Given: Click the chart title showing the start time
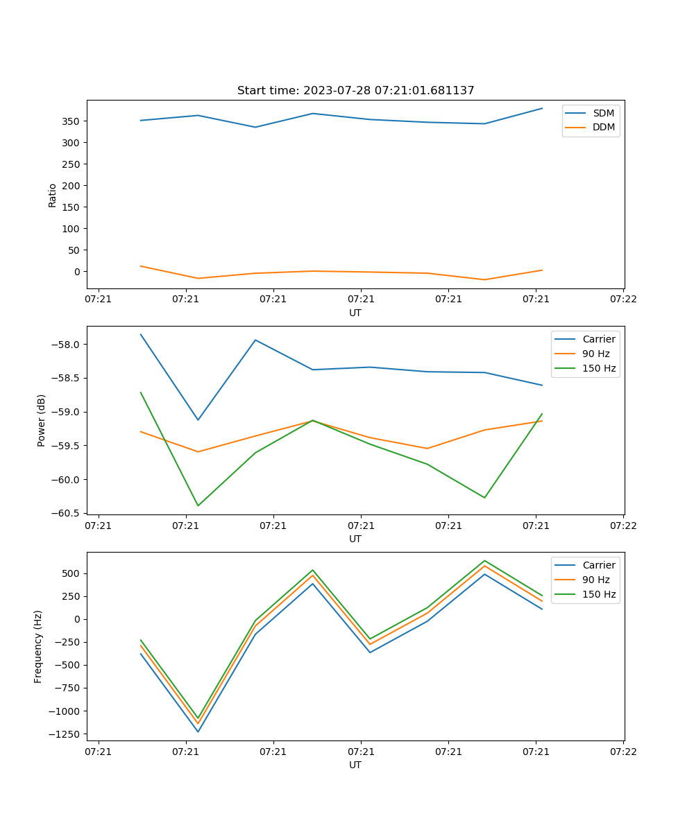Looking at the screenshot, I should [x=355, y=91].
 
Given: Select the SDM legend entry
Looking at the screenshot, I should [x=603, y=113].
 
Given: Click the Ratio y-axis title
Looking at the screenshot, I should [x=53, y=195].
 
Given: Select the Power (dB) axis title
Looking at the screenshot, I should [x=42, y=420].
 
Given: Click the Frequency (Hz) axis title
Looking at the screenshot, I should [x=38, y=646].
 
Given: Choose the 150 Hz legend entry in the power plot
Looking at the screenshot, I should [x=599, y=368].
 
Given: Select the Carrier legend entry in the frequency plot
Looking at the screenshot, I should [x=598, y=565].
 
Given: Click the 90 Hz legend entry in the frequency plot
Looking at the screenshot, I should [x=595, y=580].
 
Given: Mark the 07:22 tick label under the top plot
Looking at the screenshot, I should [x=623, y=299].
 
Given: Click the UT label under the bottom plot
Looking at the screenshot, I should [x=355, y=765].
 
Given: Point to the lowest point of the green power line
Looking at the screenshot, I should [x=198, y=505].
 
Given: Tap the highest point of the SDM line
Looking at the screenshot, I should [x=542, y=108].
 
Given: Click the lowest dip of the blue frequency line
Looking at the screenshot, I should [x=198, y=731].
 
